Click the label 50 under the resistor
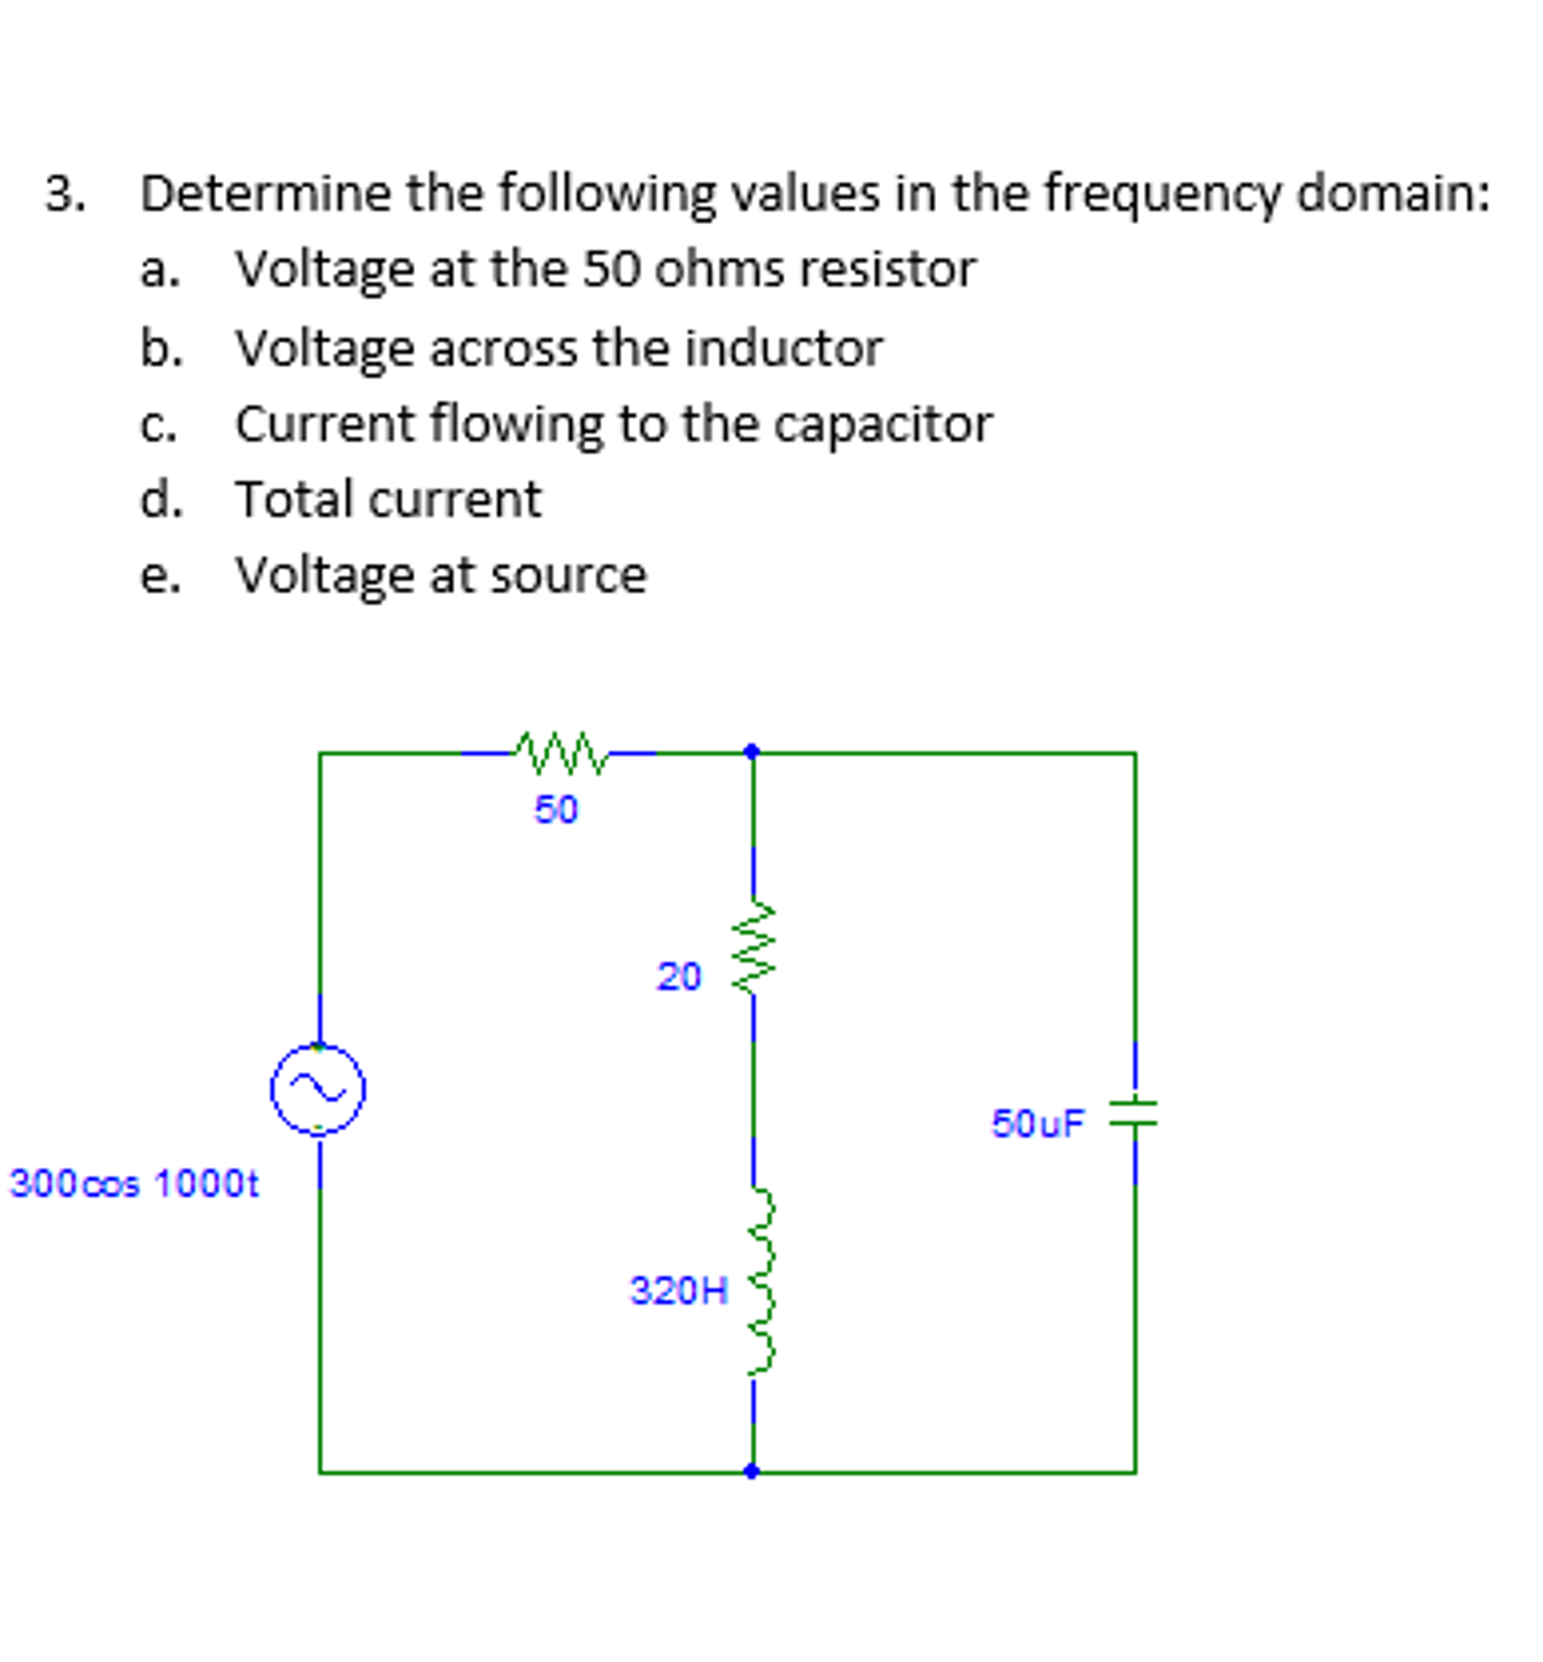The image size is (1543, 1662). (x=555, y=810)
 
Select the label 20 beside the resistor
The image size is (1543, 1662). (x=678, y=976)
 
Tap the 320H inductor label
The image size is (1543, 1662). (x=678, y=1291)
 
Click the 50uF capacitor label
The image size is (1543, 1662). (x=1037, y=1123)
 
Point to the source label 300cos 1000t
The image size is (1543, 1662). (x=133, y=1183)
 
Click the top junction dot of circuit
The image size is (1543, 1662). (x=752, y=751)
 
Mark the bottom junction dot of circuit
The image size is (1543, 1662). (x=752, y=1472)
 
